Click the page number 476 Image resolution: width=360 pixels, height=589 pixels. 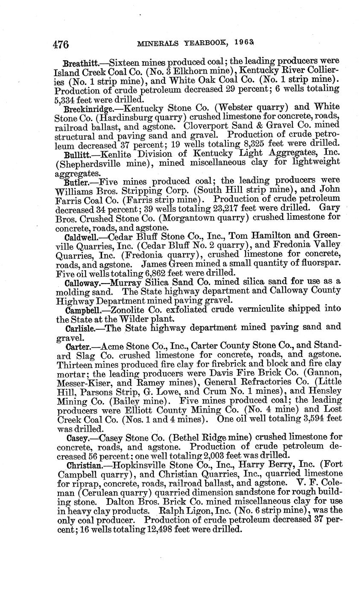[x=61, y=44]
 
